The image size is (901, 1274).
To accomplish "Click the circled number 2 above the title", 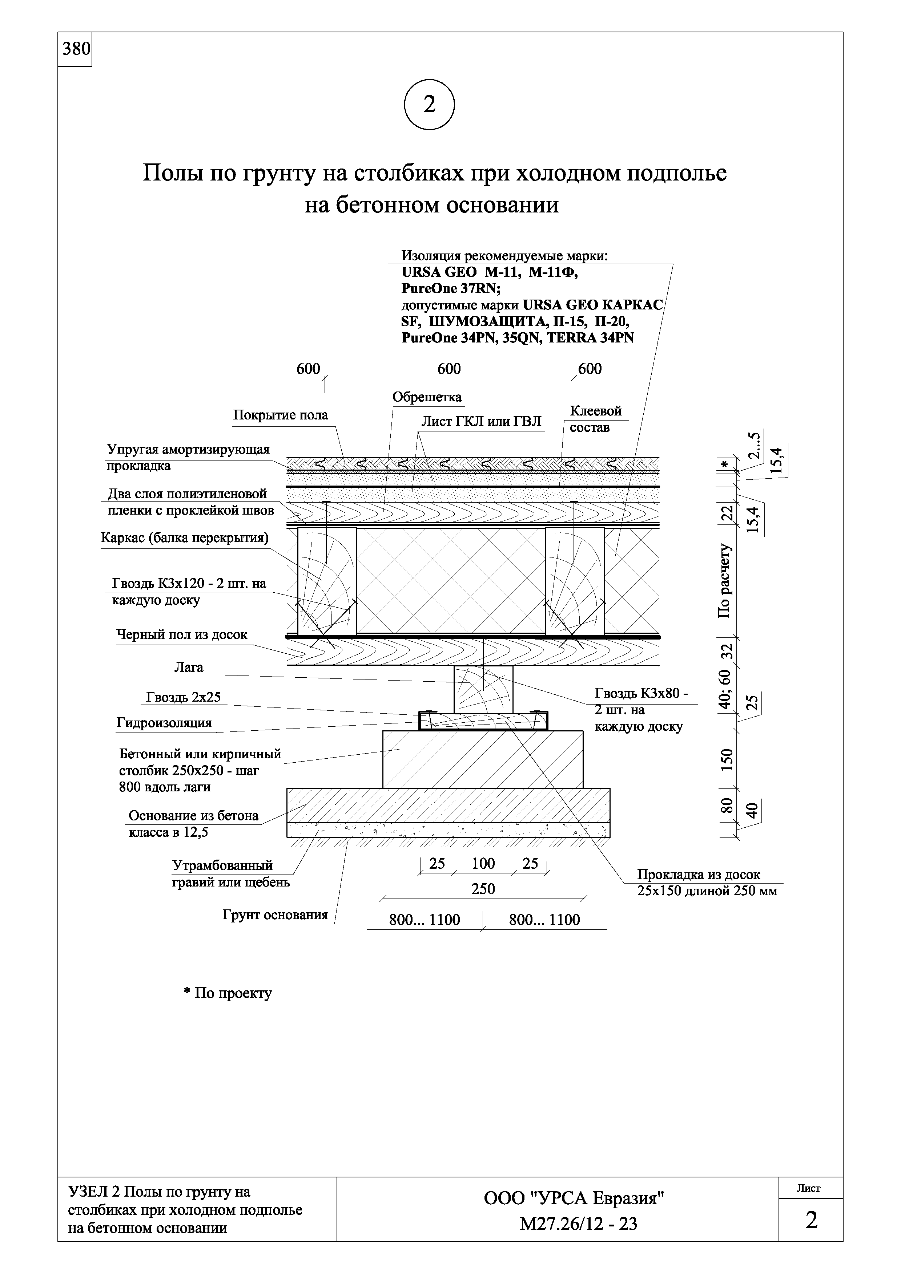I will coord(429,105).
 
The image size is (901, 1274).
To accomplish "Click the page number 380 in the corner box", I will coord(76,49).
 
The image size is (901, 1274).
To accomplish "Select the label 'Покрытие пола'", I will coord(280,415).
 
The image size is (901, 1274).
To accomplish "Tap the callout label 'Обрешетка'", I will coord(427,397).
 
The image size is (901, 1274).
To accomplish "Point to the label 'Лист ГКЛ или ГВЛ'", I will coord(481,422).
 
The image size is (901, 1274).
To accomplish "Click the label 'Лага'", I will coord(189,668).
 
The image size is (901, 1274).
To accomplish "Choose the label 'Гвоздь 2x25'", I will coord(183,697).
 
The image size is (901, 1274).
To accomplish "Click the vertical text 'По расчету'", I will coord(725,581).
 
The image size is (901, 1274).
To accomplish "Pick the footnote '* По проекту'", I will coord(228,993).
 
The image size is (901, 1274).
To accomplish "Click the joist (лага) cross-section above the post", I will coord(483,690).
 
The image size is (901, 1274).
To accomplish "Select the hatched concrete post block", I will coord(483,759).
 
